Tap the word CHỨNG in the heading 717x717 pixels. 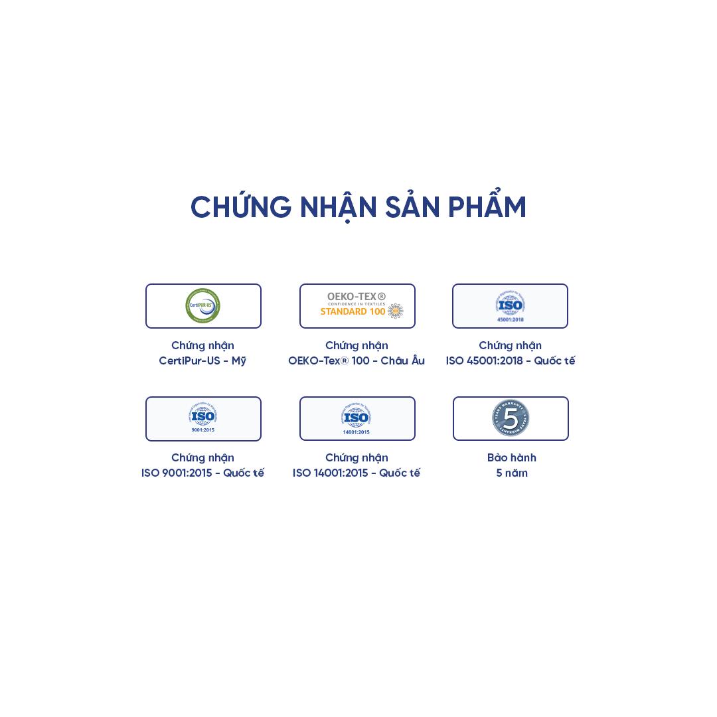coord(241,208)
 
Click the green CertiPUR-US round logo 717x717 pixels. coord(202,305)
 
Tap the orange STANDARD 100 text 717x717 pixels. coord(353,311)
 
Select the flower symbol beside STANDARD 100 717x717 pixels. coord(396,311)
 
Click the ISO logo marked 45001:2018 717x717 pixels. coord(510,303)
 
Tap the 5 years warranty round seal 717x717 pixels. coord(511,418)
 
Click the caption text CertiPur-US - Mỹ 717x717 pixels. coord(202,360)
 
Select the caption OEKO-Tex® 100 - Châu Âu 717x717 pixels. coord(357,360)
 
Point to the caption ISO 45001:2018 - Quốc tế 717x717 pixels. coord(511,360)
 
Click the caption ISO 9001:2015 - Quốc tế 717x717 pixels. coord(202,473)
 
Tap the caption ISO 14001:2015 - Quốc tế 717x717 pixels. coord(357,473)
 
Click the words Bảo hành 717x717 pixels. coord(511,457)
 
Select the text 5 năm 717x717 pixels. coord(511,473)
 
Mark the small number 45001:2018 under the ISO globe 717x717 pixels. coord(510,319)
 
